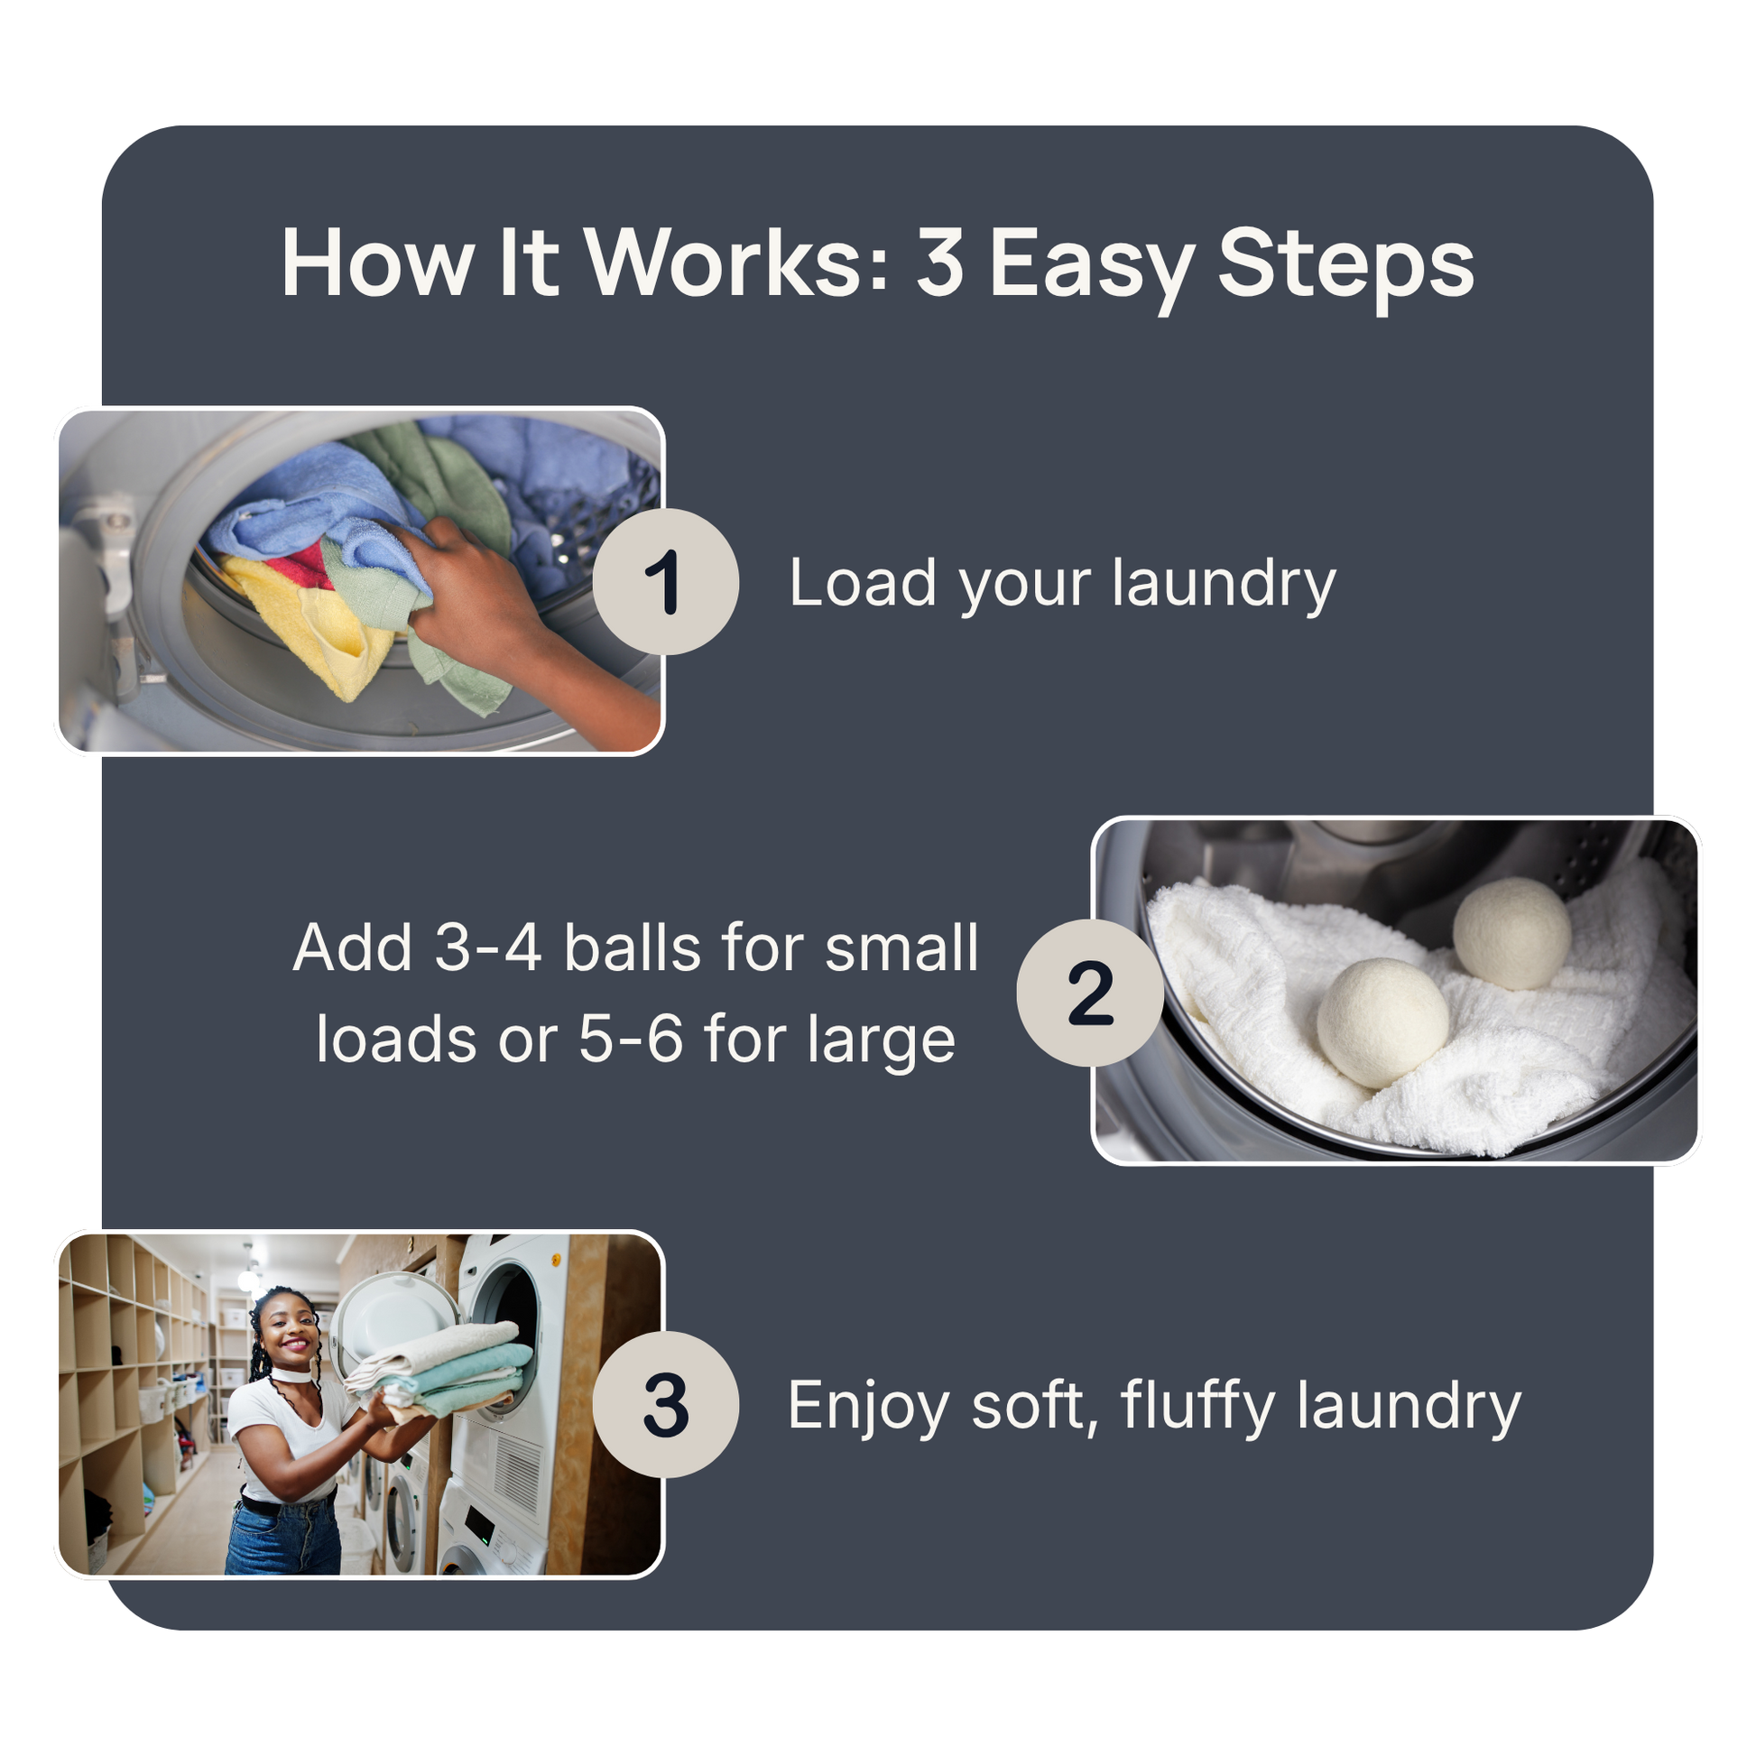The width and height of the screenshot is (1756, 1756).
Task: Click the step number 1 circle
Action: [x=665, y=582]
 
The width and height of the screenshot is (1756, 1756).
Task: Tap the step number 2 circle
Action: [x=1090, y=993]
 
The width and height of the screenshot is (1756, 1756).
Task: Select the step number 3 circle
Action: [x=665, y=1404]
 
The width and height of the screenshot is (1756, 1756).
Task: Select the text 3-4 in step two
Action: [x=488, y=948]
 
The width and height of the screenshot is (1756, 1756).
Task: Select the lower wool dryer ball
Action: [x=1382, y=1023]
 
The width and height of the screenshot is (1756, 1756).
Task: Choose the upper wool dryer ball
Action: [x=1511, y=933]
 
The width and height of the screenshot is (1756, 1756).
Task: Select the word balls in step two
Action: [x=633, y=948]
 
